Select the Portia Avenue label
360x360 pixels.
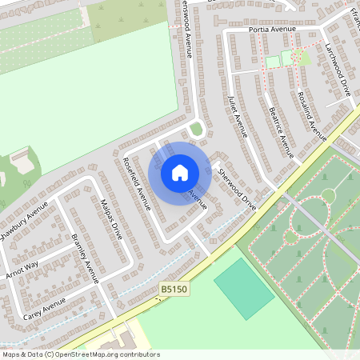pyautogui.click(x=272, y=29)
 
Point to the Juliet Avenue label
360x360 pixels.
pyautogui.click(x=238, y=115)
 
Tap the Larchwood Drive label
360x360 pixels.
pyautogui.click(x=339, y=70)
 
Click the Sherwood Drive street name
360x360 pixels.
pyautogui.click(x=237, y=190)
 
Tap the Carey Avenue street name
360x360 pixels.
pyautogui.click(x=43, y=310)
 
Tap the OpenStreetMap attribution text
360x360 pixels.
pyautogui.click(x=80, y=354)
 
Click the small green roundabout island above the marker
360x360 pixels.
pyautogui.click(x=196, y=129)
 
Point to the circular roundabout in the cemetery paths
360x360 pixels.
pyautogui.click(x=328, y=195)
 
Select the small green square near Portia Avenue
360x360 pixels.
pyautogui.click(x=273, y=61)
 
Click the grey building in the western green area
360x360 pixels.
pyautogui.click(x=22, y=162)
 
